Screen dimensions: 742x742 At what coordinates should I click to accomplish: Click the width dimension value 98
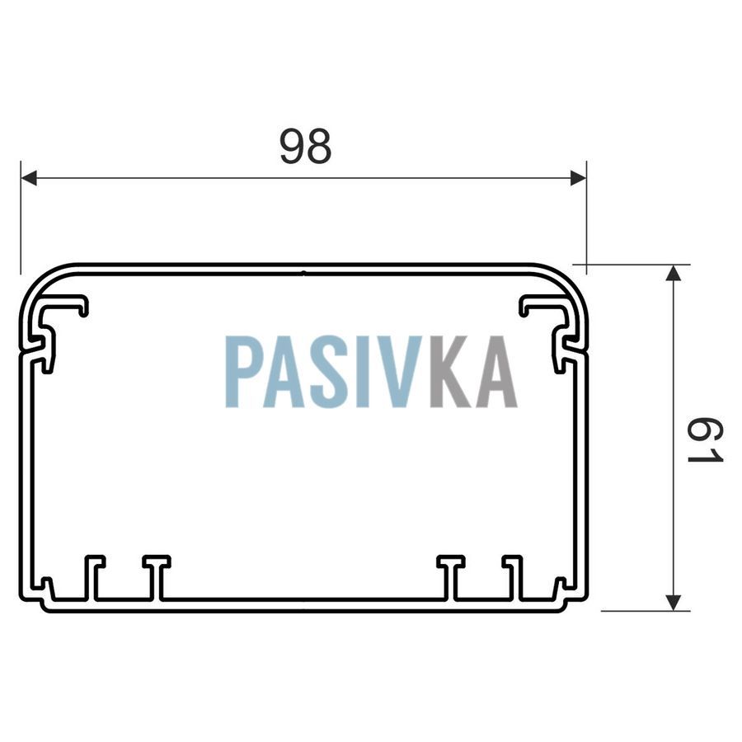305,147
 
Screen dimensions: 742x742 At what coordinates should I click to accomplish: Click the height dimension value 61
705,440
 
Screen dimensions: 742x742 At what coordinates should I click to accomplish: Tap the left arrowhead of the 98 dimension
29,178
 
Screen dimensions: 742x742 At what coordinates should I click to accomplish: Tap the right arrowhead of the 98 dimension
578,178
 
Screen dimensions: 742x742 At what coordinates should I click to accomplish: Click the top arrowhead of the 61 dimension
673,273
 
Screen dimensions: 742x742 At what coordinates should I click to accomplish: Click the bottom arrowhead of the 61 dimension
673,603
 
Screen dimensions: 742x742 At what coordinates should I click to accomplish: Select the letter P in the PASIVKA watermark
242,372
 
